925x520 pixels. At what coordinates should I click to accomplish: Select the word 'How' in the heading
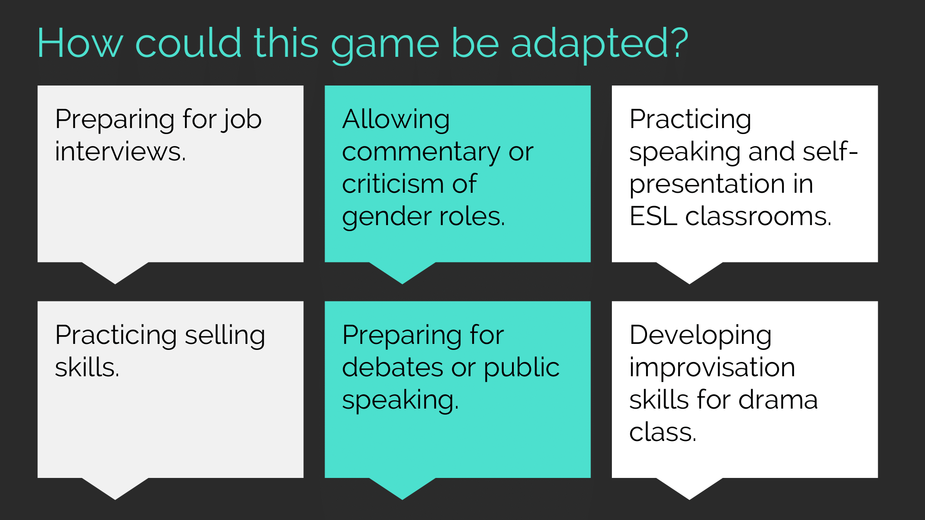point(80,43)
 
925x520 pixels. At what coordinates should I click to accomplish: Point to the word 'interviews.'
point(120,152)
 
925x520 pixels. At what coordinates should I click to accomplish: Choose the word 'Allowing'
point(396,120)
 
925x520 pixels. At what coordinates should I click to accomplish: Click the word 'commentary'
point(421,153)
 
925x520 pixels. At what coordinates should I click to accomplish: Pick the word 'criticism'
point(393,184)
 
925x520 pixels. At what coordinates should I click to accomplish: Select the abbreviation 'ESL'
point(653,216)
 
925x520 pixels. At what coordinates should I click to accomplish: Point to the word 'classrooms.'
point(758,216)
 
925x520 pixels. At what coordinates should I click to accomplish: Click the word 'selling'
point(225,336)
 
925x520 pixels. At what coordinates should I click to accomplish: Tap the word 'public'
point(522,368)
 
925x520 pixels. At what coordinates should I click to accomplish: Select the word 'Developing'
point(700,336)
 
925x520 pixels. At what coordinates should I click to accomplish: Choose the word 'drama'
point(778,400)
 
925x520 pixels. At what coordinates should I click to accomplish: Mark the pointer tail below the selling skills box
point(115,489)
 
